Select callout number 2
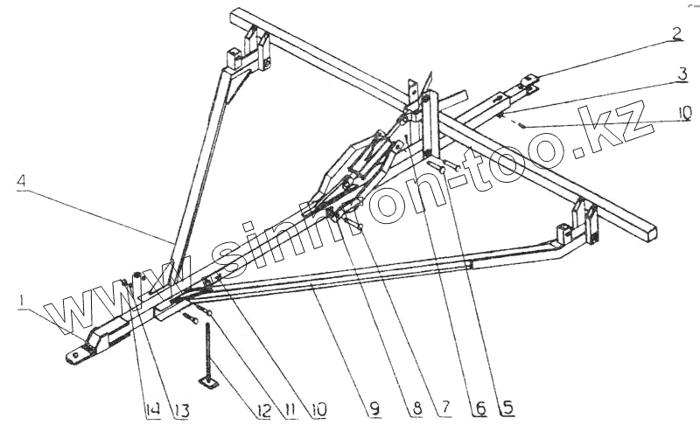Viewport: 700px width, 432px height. click(x=676, y=35)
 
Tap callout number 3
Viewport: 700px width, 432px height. click(x=681, y=74)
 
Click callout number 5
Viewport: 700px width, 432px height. click(x=506, y=407)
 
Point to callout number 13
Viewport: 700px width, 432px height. click(x=180, y=407)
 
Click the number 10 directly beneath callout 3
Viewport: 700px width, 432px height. click(x=682, y=112)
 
